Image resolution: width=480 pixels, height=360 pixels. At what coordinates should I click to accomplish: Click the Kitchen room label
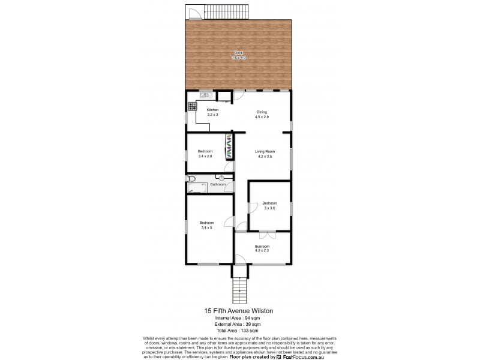pos(212,110)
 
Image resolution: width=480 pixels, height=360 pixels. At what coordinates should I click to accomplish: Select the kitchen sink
pos(204,94)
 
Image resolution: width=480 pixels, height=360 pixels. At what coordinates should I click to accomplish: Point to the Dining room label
pos(262,112)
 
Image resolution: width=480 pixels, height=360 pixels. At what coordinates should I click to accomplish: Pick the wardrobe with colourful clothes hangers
pos(229,146)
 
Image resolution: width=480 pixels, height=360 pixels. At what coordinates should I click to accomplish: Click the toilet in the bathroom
pos(190,179)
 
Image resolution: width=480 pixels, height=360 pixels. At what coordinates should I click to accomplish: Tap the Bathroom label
pos(218,184)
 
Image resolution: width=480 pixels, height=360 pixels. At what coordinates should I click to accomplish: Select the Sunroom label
pos(262,246)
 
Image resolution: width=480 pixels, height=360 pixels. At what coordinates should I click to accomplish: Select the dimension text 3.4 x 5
pos(208,227)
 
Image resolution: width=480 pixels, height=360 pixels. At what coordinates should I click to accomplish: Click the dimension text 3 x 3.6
pos(269,208)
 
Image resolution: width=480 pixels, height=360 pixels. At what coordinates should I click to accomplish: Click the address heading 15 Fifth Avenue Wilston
pos(239,310)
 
